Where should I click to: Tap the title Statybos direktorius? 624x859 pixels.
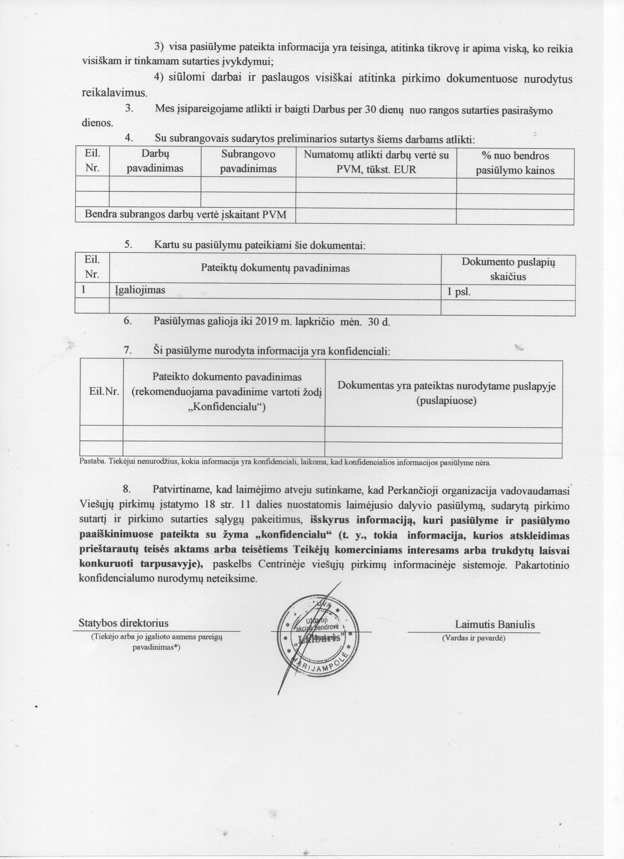(x=123, y=623)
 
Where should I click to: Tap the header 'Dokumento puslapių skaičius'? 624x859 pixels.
(x=508, y=269)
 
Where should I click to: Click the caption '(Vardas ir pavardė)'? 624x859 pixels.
(x=474, y=638)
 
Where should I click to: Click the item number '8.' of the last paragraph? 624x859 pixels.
(x=128, y=489)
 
